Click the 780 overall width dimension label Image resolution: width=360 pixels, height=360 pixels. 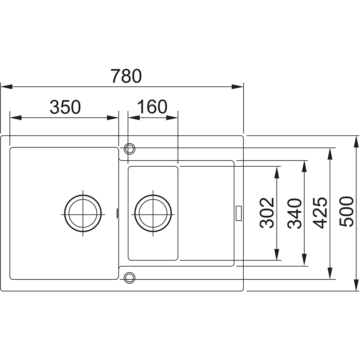coord(126,76)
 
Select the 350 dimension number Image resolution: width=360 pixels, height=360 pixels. coord(66,107)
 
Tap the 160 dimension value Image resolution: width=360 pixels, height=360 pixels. coord(152,107)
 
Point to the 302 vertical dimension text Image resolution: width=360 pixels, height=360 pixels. coord(267,213)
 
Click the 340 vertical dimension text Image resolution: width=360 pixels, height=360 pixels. coord(294,213)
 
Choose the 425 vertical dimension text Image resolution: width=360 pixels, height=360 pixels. coord(320,213)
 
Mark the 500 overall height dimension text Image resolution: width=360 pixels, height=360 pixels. coord(346,212)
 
